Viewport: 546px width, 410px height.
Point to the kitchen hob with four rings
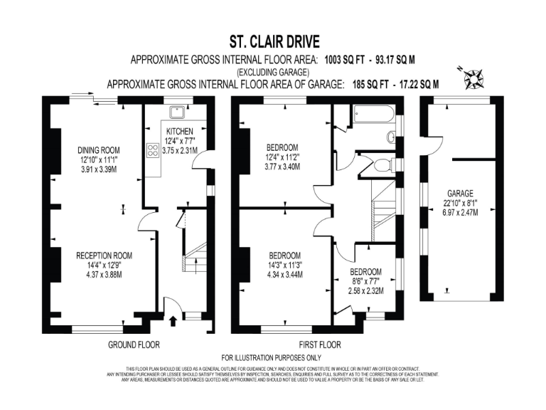point(152,150)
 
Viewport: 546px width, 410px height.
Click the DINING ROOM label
point(99,149)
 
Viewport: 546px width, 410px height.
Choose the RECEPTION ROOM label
point(104,255)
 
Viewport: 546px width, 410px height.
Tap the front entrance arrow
point(173,322)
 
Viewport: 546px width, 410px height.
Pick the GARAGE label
point(460,193)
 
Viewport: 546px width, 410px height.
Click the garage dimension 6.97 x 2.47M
point(460,213)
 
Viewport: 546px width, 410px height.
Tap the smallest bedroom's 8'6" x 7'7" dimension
point(365,281)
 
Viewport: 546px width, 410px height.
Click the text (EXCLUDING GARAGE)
point(273,72)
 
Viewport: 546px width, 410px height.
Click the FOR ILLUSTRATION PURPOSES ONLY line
point(272,357)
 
